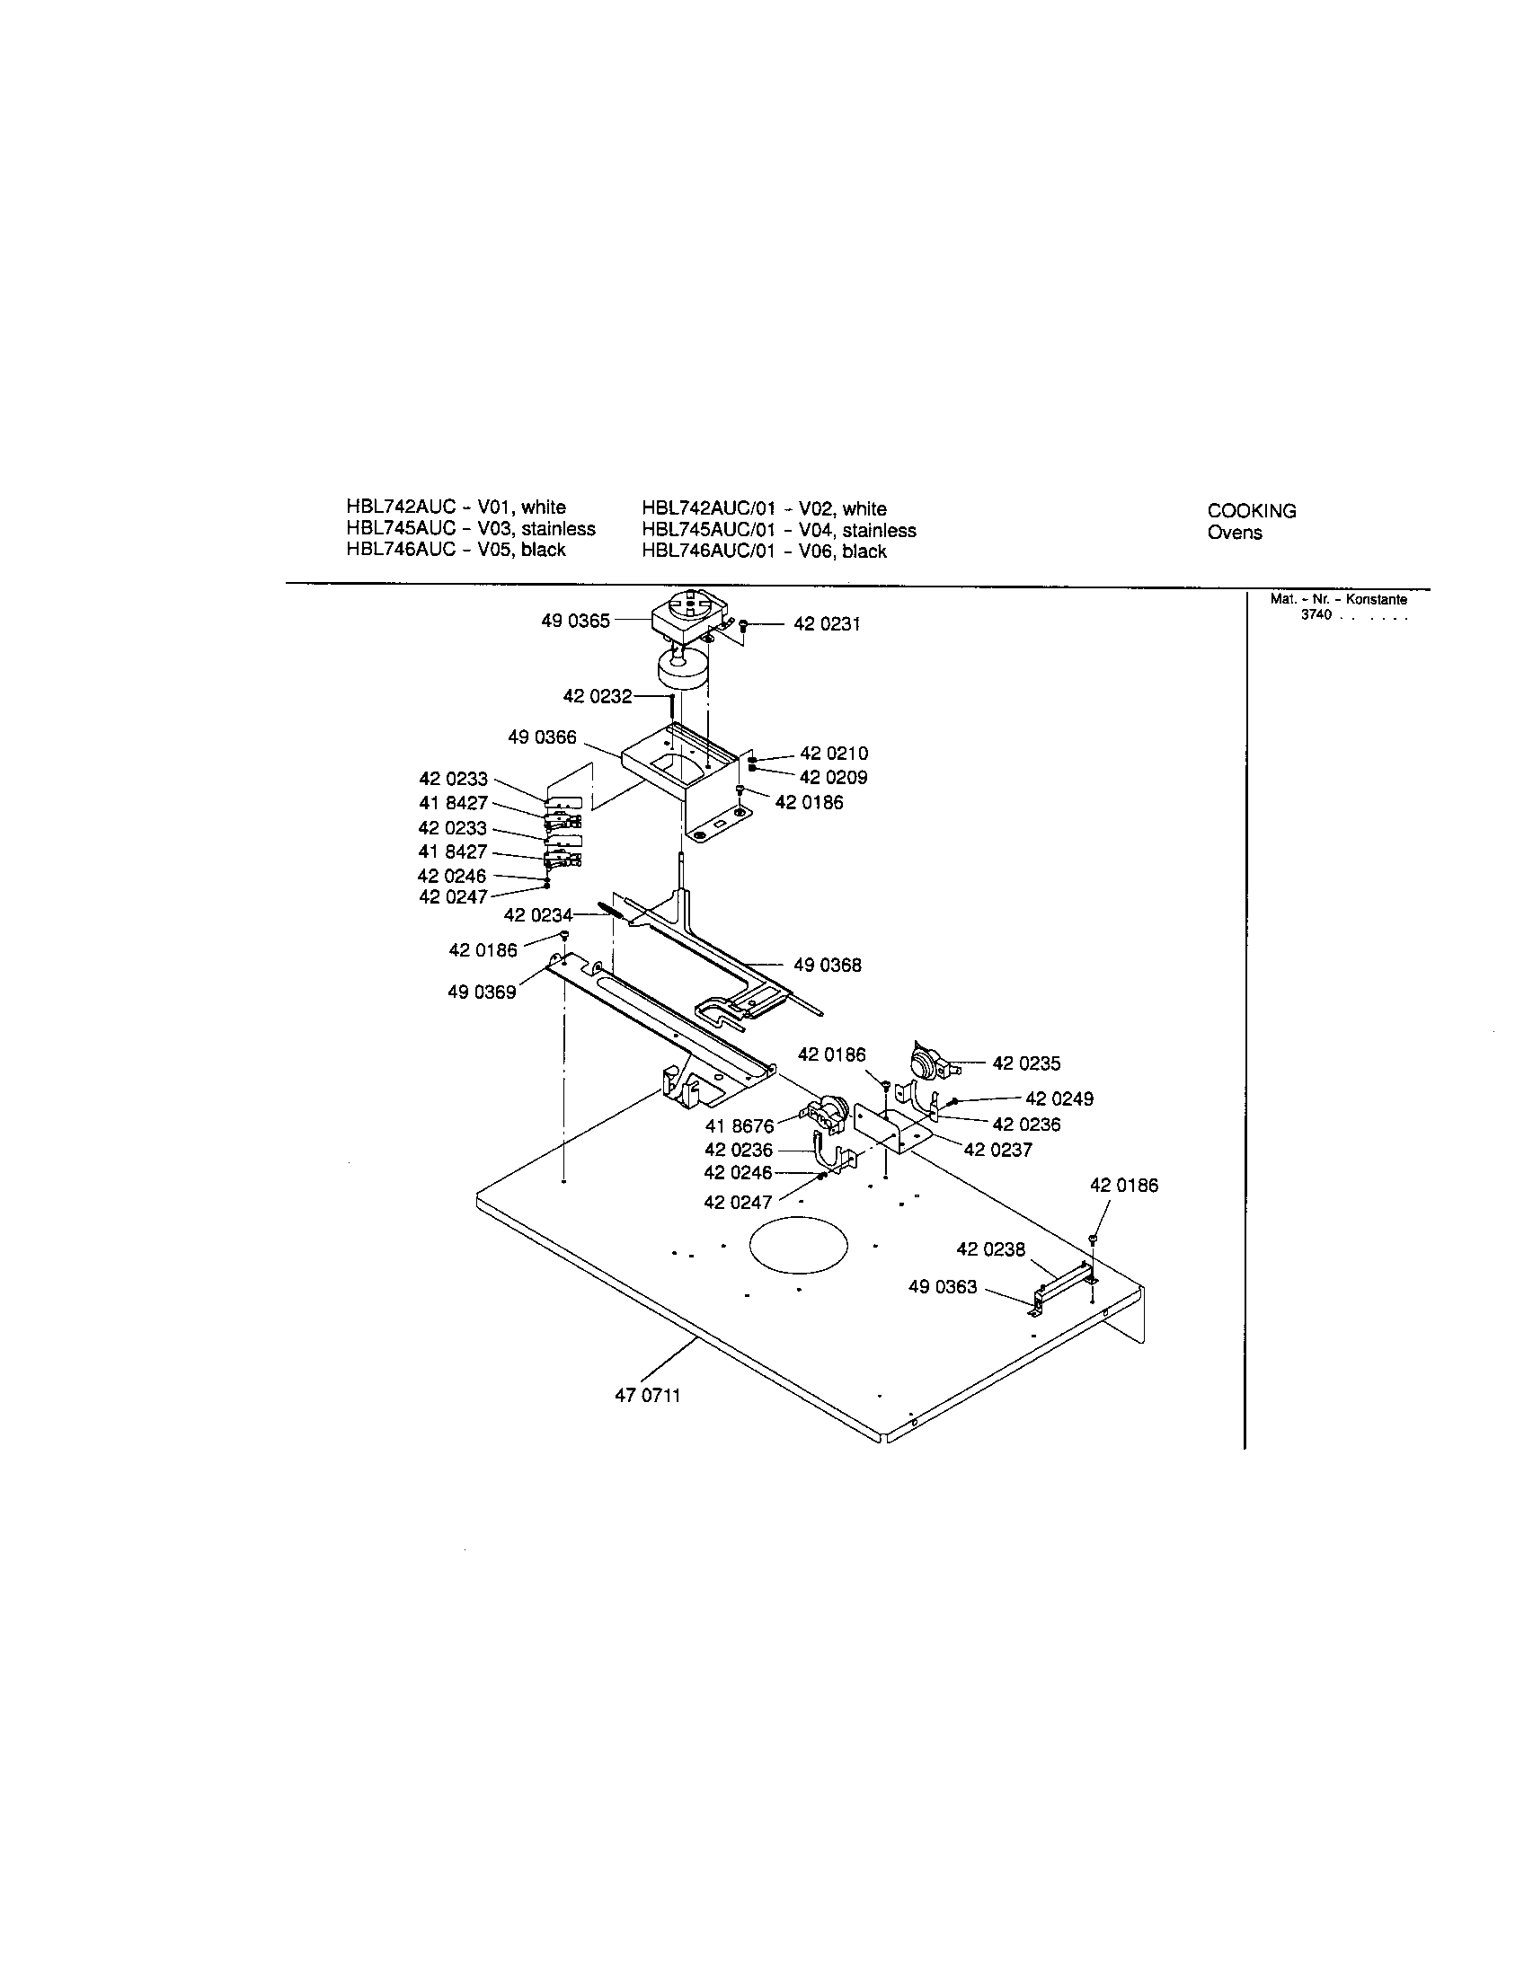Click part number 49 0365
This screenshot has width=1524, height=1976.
(575, 621)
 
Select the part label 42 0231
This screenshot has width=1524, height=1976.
(827, 624)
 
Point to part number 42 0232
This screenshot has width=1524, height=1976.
(598, 696)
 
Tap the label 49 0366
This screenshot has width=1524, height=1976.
(542, 737)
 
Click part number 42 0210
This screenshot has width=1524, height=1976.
(834, 754)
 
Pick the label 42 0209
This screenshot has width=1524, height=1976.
(834, 777)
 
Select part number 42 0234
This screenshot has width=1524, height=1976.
(537, 914)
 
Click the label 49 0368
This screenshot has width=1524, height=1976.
(828, 966)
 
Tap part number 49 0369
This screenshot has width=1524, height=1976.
(482, 992)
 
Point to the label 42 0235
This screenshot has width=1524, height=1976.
(1026, 1063)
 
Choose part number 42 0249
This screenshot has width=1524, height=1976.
(1059, 1098)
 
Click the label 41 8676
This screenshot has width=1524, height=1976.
(740, 1125)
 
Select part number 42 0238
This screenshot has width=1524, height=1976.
(991, 1249)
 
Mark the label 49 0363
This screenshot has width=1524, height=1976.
(942, 1286)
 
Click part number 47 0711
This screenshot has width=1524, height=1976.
(647, 1395)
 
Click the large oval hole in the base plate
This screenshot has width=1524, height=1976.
(799, 1244)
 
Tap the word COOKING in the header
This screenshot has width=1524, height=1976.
(1251, 511)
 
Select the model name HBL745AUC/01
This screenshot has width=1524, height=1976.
(708, 530)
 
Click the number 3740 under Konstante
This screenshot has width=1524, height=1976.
(1316, 614)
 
